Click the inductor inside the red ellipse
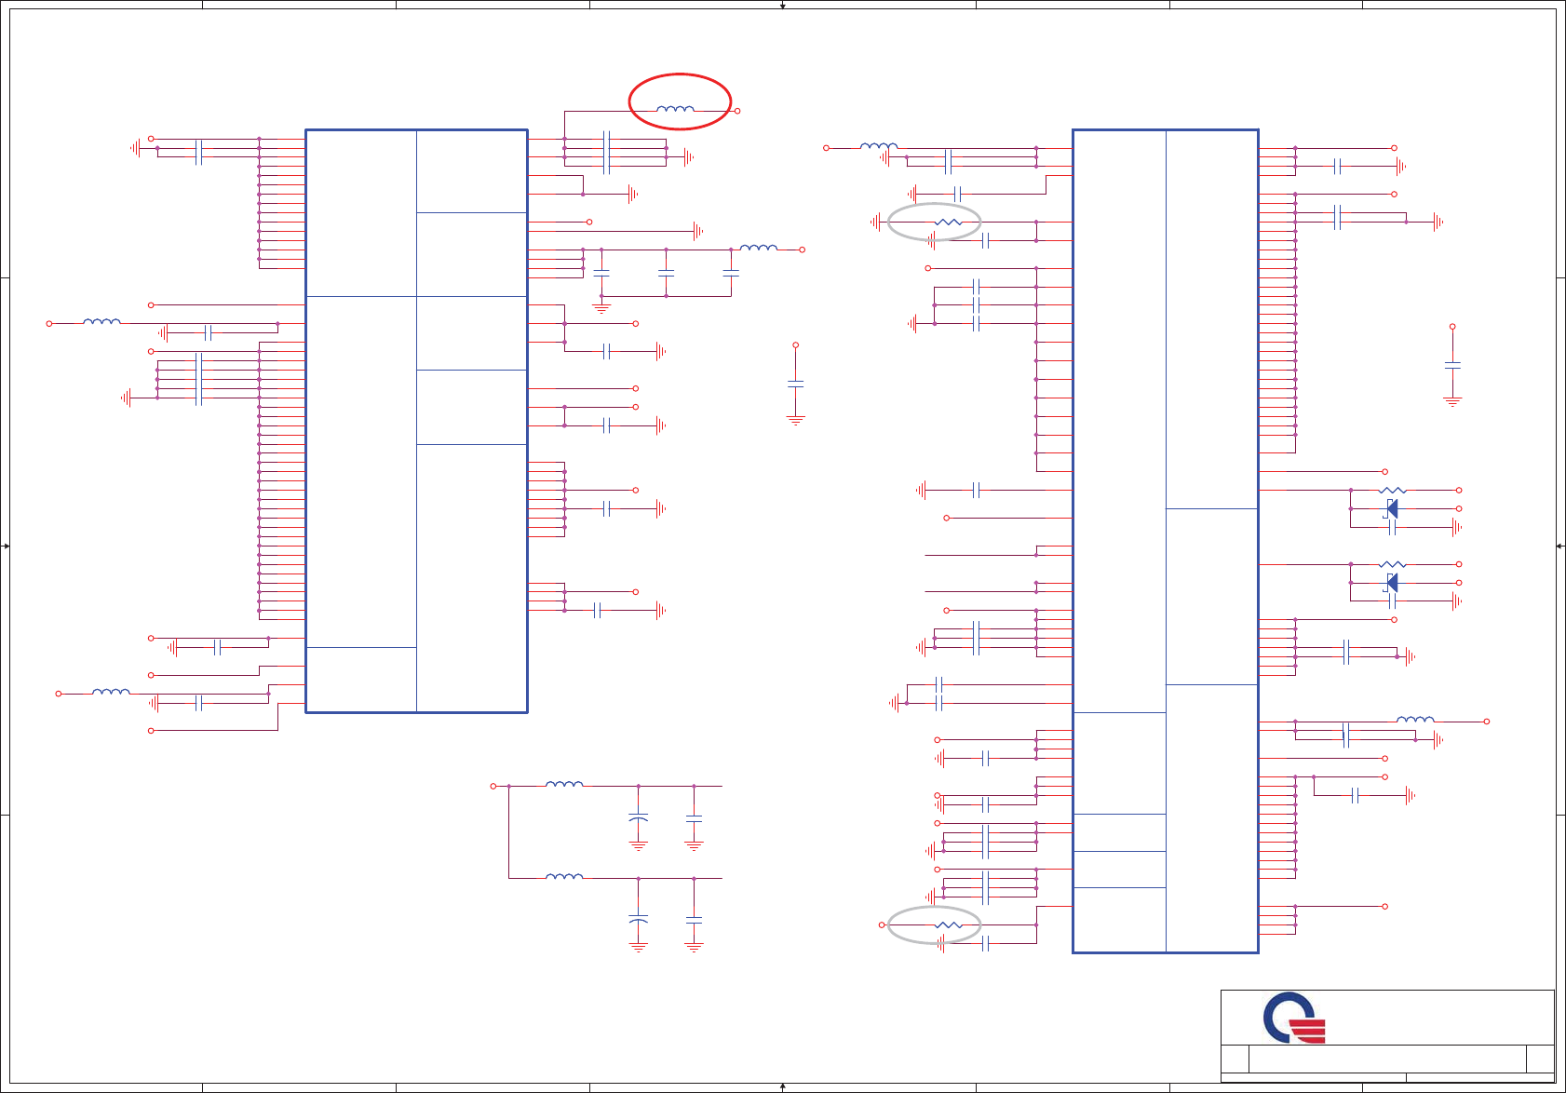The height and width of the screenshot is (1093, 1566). pyautogui.click(x=675, y=109)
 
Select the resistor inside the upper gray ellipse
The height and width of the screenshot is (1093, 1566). pyautogui.click(x=947, y=222)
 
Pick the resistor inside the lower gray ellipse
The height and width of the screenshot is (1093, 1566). pyautogui.click(x=947, y=924)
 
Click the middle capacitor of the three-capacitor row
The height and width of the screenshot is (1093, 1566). pyautogui.click(x=666, y=273)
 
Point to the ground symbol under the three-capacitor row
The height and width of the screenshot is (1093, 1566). pyautogui.click(x=601, y=306)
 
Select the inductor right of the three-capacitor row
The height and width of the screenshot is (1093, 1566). pyautogui.click(x=758, y=248)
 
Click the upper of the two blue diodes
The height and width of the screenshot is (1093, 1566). pyautogui.click(x=1391, y=508)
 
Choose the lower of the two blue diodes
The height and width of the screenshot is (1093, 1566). pyautogui.click(x=1391, y=583)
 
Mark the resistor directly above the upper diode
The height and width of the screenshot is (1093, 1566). pyautogui.click(x=1392, y=490)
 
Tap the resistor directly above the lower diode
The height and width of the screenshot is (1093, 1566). pyautogui.click(x=1392, y=564)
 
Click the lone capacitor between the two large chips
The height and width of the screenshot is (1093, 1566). pyautogui.click(x=795, y=383)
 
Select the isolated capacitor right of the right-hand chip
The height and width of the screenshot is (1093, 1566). pyautogui.click(x=1452, y=365)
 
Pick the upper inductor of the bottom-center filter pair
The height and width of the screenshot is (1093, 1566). pyautogui.click(x=564, y=785)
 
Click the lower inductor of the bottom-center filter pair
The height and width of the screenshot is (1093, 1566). pyautogui.click(x=564, y=876)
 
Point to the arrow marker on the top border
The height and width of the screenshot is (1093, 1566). pyautogui.click(x=783, y=6)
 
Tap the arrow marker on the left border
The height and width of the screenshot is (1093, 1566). pyautogui.click(x=6, y=546)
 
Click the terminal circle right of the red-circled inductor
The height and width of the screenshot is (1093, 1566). pyautogui.click(x=737, y=111)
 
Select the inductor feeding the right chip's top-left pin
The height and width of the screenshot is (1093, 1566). pyautogui.click(x=878, y=146)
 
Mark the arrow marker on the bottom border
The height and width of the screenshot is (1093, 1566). pyautogui.click(x=783, y=1086)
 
